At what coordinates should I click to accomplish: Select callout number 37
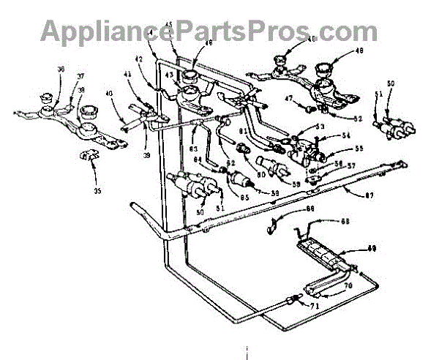click(80, 75)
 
